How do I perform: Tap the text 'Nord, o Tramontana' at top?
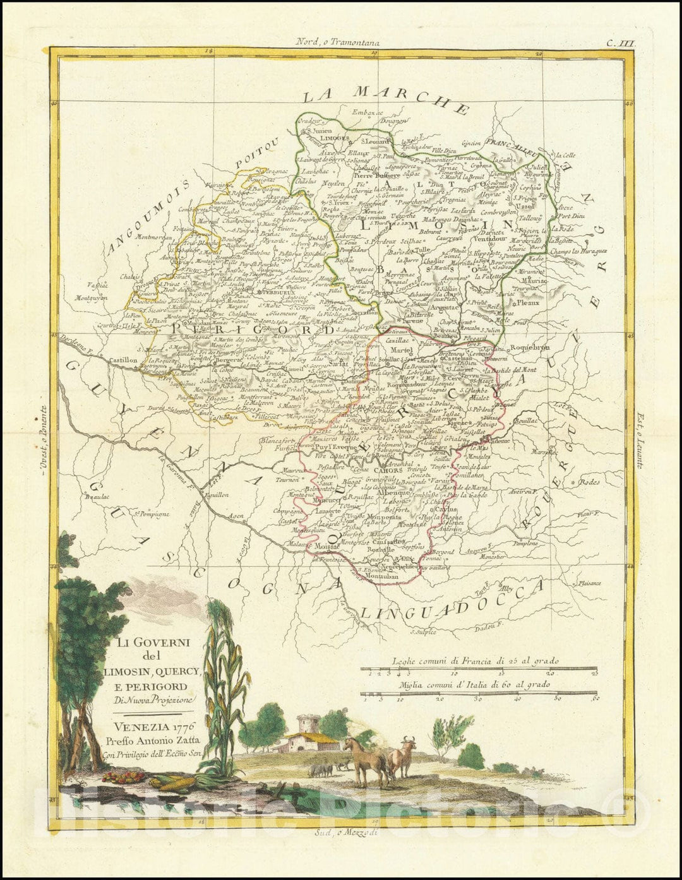337,43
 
